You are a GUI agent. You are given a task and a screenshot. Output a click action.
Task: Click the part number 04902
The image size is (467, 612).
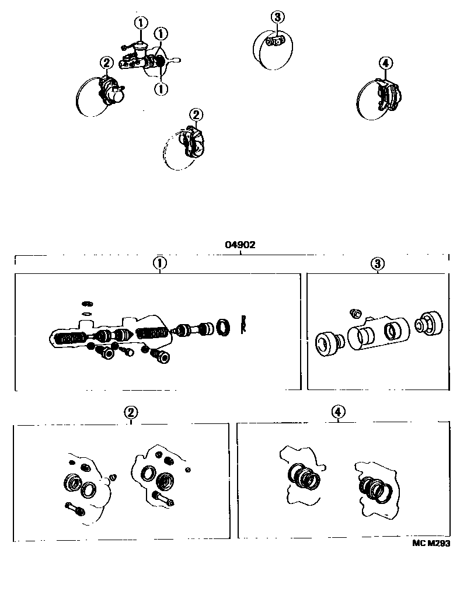click(x=240, y=245)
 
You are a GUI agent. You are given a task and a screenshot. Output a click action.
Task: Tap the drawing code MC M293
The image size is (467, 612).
click(x=431, y=543)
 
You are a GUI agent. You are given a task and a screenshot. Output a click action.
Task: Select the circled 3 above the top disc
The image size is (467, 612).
click(x=277, y=17)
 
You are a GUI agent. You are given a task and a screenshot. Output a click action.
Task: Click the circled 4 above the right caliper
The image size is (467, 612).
click(x=385, y=63)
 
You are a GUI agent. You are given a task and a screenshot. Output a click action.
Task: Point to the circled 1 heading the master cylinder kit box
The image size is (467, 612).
click(x=160, y=263)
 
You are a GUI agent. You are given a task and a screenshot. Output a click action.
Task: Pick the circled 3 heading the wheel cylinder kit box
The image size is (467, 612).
click(x=377, y=264)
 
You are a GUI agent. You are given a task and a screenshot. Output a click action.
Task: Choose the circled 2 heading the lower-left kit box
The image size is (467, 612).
click(x=131, y=412)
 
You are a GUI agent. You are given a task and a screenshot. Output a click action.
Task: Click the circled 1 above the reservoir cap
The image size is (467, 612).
click(x=141, y=23)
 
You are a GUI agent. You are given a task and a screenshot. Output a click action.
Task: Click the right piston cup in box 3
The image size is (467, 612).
click(x=430, y=323)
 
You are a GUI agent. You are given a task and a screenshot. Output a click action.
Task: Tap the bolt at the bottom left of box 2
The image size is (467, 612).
click(x=75, y=509)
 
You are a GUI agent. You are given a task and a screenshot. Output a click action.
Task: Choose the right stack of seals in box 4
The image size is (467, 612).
click(x=374, y=488)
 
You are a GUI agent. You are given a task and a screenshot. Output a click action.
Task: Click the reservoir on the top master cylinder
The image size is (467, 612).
click(x=140, y=48)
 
